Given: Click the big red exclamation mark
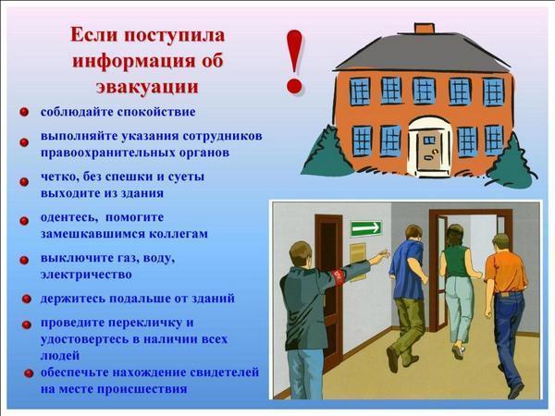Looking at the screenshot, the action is point(294,63).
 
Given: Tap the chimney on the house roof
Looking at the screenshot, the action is point(424,29).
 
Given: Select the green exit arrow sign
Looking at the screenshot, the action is point(366,228).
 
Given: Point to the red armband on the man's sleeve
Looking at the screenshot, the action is point(339,276).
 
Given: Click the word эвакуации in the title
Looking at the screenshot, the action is point(147,87).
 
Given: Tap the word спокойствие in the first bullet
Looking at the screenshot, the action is point(156,113).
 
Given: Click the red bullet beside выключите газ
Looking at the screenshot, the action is point(24,261).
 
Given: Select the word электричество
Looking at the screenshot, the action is point(86,275).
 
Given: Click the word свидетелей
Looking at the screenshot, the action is point(225,373).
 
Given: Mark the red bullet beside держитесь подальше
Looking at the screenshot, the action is point(27,300).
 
